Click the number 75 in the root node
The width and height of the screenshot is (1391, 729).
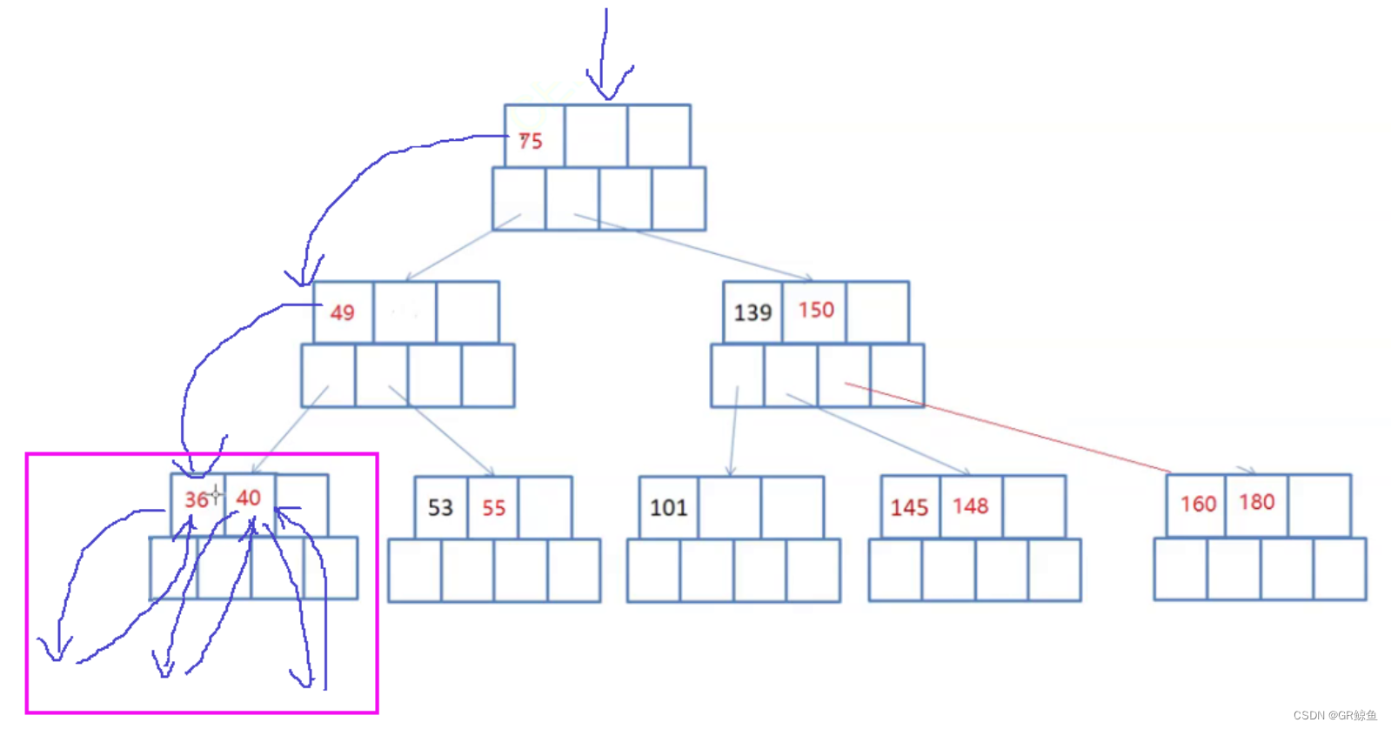pyautogui.click(x=531, y=141)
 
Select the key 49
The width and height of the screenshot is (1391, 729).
pyautogui.click(x=342, y=312)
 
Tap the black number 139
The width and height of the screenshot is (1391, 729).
pyautogui.click(x=752, y=312)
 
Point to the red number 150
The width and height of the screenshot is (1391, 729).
pyautogui.click(x=816, y=311)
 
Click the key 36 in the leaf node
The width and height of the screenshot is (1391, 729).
pyautogui.click(x=196, y=499)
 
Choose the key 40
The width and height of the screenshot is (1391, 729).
pyautogui.click(x=248, y=498)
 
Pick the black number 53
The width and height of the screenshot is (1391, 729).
pyautogui.click(x=440, y=508)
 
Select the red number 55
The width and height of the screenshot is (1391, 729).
pyautogui.click(x=493, y=508)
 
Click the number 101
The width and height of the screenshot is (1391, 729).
pyautogui.click(x=668, y=508)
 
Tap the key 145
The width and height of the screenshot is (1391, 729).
pyautogui.click(x=909, y=508)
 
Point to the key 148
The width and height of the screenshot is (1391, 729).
pyautogui.click(x=970, y=506)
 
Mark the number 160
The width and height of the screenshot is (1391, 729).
pyautogui.click(x=1198, y=504)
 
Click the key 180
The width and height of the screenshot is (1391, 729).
pyautogui.click(x=1256, y=502)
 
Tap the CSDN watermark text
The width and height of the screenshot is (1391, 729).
pyautogui.click(x=1334, y=715)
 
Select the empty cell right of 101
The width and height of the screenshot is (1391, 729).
pyautogui.click(x=729, y=507)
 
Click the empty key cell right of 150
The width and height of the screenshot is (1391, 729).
pyautogui.click(x=877, y=311)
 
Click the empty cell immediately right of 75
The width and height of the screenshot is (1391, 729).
pyautogui.click(x=596, y=136)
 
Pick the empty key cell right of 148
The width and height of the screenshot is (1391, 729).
pyautogui.click(x=1033, y=506)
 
